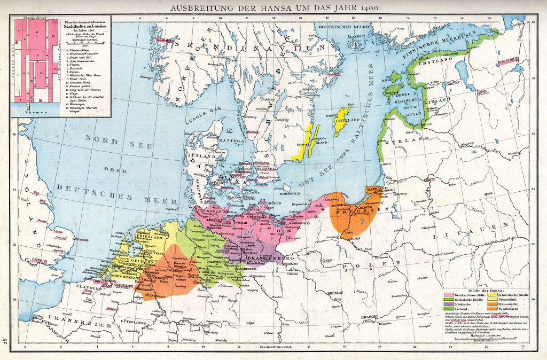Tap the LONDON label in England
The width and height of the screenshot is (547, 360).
coord(40,260)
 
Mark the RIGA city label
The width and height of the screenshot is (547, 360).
coord(427,123)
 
